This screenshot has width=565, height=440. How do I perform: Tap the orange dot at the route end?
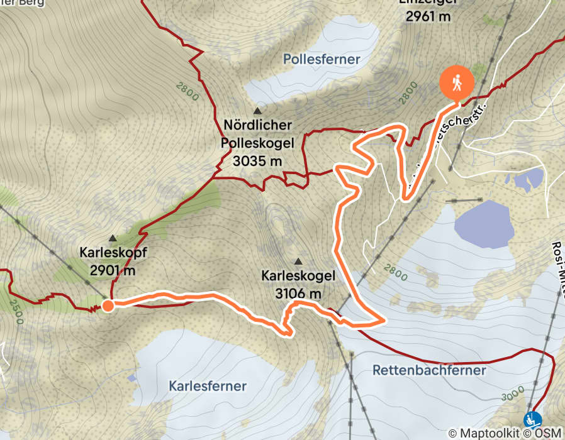108,306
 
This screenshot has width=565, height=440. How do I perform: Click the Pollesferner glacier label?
321,60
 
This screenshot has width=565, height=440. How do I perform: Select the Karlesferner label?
207,386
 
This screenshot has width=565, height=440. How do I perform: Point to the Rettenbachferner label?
429,370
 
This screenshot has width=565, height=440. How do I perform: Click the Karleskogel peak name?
298,276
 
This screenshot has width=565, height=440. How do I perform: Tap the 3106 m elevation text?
298,293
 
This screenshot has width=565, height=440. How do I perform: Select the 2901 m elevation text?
112,271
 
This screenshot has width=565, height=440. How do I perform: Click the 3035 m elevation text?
257,161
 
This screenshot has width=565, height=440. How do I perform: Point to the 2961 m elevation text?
428,17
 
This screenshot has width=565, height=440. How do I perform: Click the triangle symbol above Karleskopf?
113,239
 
